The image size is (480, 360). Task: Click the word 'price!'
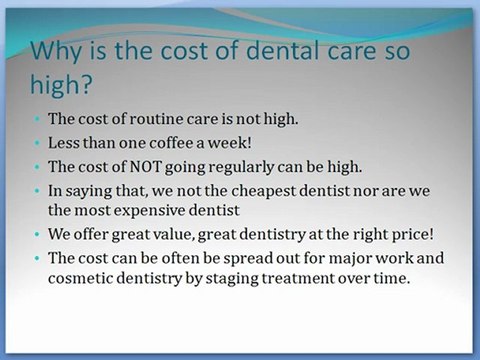coord(405,235)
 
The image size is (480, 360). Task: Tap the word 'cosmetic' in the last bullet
coord(83,279)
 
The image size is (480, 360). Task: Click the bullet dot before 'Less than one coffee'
coord(38,141)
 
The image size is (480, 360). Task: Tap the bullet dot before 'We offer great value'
coord(38,236)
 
